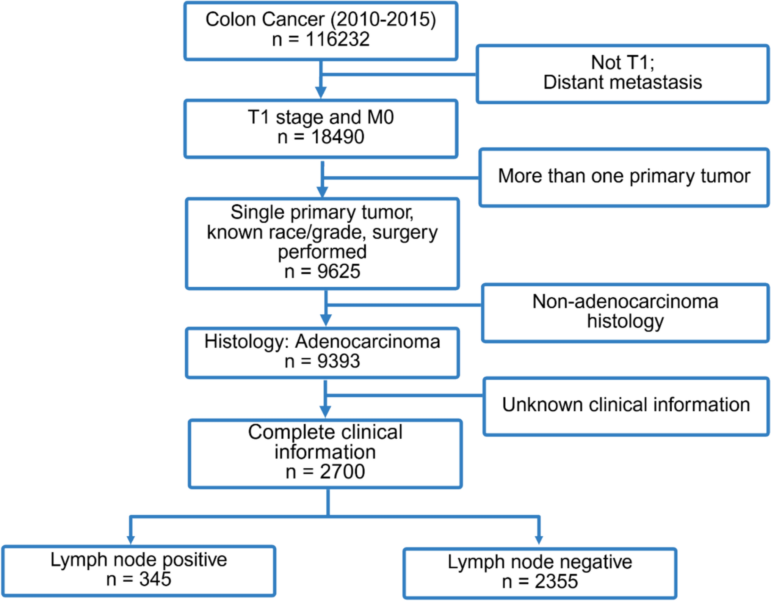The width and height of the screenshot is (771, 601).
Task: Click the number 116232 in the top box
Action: click(337, 39)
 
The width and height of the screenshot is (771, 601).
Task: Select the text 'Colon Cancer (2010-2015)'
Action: click(321, 19)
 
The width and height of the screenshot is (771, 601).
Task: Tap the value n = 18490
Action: click(321, 137)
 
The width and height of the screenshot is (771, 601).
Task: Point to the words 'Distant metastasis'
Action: click(622, 82)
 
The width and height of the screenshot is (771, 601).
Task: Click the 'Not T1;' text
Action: click(622, 62)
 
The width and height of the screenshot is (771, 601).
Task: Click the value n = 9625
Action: click(322, 271)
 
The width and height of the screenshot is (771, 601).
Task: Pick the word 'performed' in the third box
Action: click(322, 252)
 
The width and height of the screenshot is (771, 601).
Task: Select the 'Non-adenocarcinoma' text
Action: click(625, 302)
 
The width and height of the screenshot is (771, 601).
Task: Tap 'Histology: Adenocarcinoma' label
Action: click(322, 341)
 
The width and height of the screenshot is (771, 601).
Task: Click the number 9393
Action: click(338, 361)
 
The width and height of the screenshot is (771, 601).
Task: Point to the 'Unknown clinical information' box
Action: click(626, 405)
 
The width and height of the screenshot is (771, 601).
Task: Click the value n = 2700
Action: click(325, 472)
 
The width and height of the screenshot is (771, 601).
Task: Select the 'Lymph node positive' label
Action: click(139, 560)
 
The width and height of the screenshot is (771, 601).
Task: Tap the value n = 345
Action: click(139, 579)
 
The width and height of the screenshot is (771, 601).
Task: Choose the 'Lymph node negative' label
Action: click(540, 562)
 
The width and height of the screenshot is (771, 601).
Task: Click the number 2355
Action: click(556, 582)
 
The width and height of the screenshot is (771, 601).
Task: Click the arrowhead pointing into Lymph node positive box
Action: click(131, 539)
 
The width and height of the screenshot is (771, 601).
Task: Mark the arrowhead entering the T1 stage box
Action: click(321, 92)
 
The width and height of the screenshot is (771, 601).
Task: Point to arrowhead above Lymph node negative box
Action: click(539, 540)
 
